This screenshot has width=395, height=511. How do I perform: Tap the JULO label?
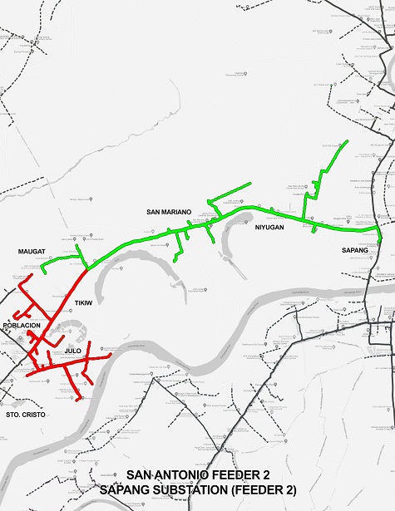(x=72, y=351)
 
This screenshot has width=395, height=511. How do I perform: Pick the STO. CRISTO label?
(x=23, y=413)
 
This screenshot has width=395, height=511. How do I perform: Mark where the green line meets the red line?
(x=87, y=268)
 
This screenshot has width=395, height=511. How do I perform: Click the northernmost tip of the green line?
(x=347, y=141)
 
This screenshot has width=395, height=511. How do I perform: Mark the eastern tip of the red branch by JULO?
(x=111, y=356)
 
